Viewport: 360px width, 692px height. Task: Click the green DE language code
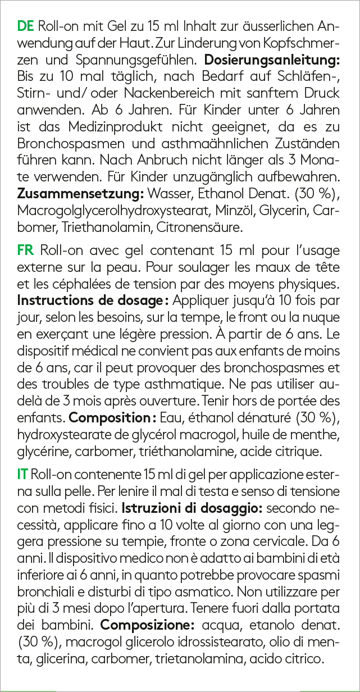pos(26,26)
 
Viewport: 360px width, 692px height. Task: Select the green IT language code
pos(24,475)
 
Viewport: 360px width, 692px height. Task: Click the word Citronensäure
pos(192,228)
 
